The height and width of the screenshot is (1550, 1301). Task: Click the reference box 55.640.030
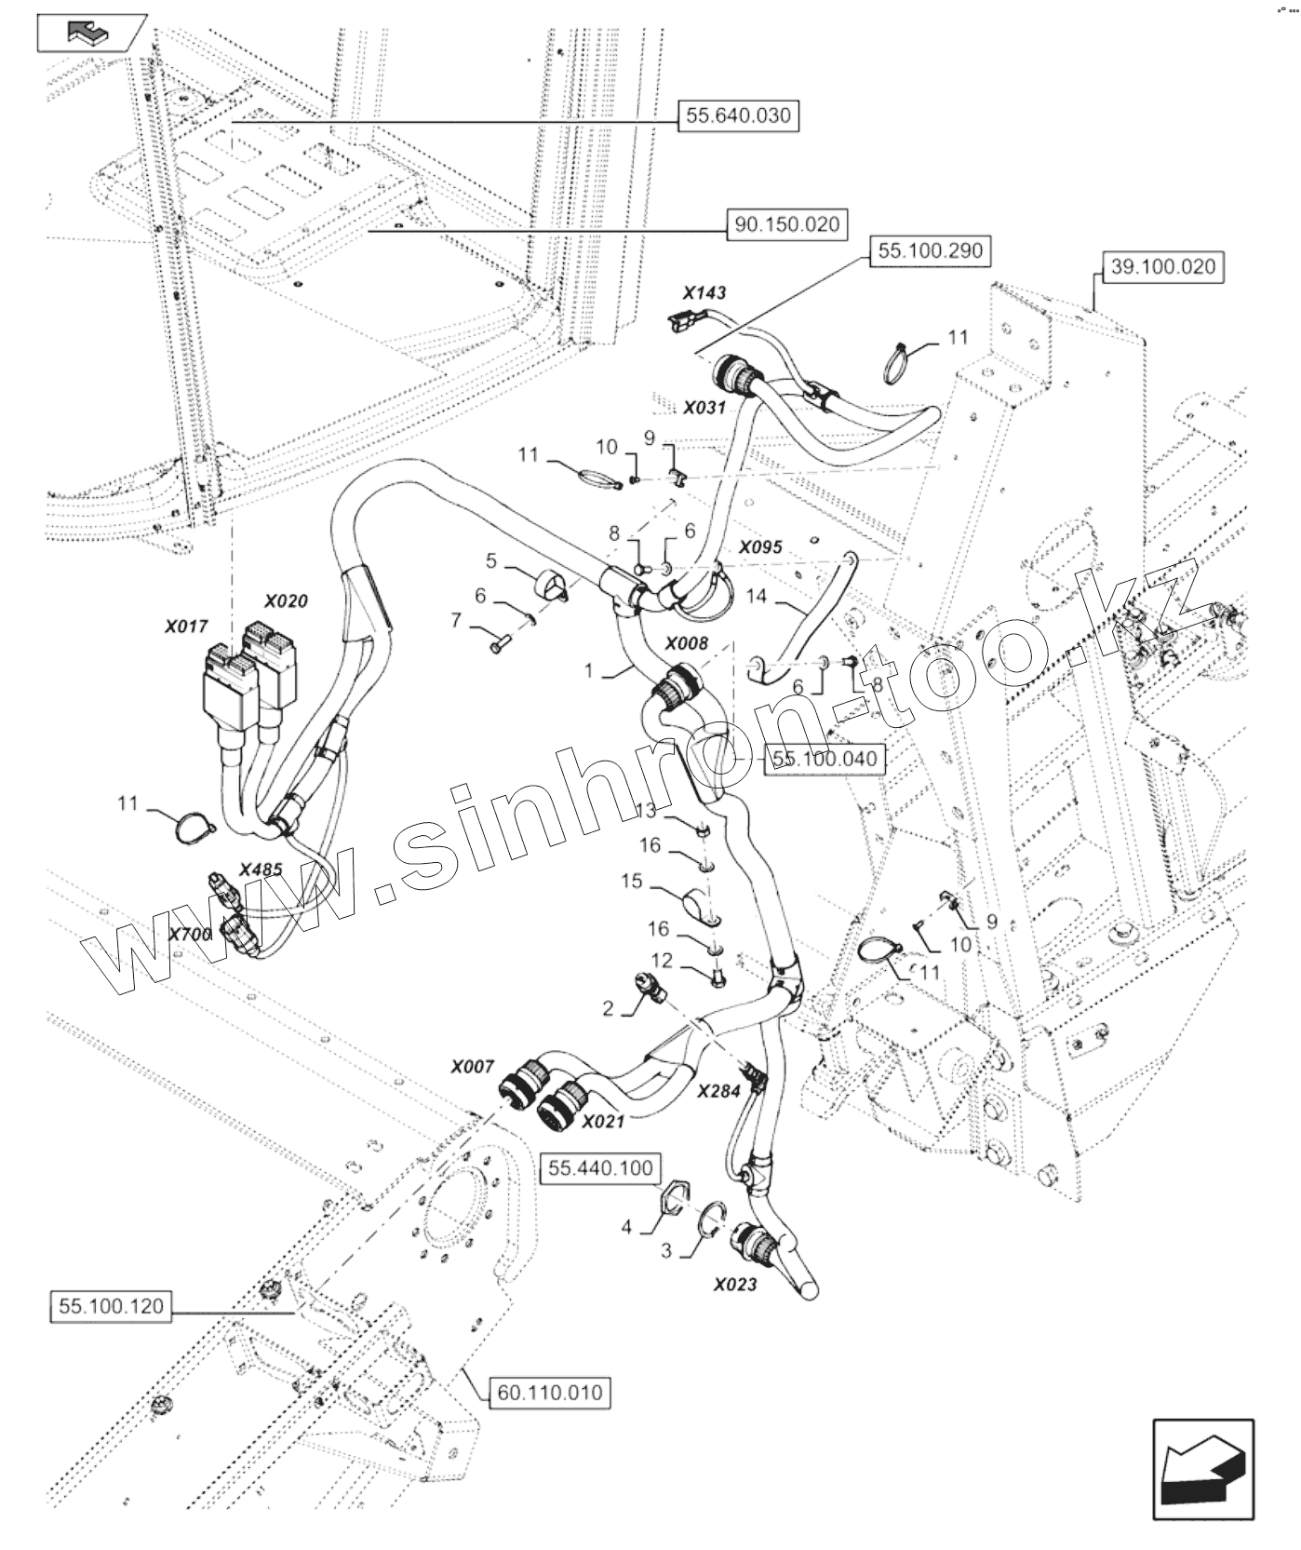[738, 116]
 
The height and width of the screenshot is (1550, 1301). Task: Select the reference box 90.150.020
[787, 224]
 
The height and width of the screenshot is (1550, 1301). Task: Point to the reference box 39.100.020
[1163, 267]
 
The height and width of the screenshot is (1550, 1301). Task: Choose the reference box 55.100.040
[825, 759]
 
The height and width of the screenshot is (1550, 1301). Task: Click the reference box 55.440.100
[601, 1168]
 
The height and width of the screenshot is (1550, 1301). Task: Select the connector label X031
[704, 408]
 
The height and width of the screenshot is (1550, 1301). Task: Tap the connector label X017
[187, 627]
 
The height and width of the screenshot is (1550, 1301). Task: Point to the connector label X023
[735, 1285]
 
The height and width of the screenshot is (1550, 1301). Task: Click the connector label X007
[472, 1067]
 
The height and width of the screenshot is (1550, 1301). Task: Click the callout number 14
[757, 596]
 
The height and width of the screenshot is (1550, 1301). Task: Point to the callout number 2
[608, 1009]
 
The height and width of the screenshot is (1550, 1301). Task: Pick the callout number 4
[626, 1228]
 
